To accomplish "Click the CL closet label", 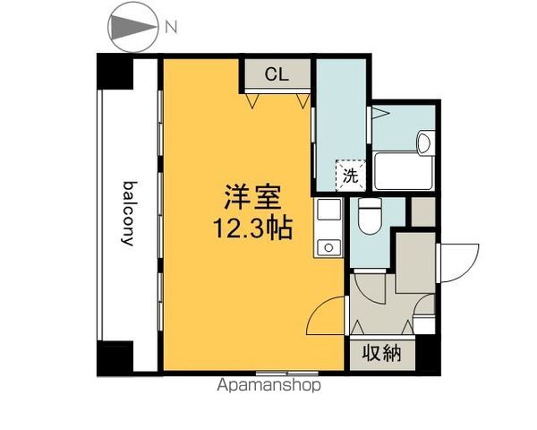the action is [277, 73].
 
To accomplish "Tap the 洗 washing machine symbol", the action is [351, 176].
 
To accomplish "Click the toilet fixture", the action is [370, 216].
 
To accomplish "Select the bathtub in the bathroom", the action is [404, 171].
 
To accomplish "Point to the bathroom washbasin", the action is [425, 142].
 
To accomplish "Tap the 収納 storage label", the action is [381, 353].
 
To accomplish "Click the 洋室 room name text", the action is [252, 197].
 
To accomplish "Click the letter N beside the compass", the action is [171, 27].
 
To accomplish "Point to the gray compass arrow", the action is [133, 27].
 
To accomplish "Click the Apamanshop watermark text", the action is [268, 385].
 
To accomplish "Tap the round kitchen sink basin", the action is [328, 247].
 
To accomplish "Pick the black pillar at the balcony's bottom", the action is [115, 357].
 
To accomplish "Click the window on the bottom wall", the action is [287, 373].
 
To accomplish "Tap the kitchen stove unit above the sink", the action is [329, 209].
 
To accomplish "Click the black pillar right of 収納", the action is [428, 354].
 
